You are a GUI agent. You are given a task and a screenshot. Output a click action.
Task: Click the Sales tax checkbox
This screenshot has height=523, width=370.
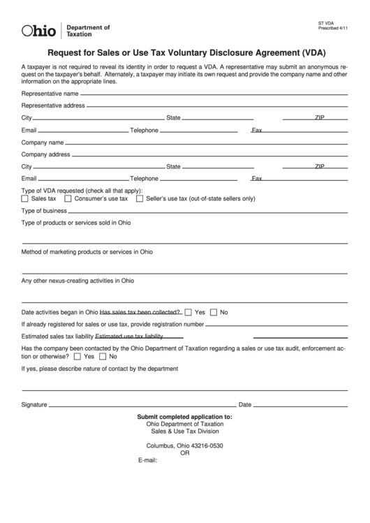point(25,198)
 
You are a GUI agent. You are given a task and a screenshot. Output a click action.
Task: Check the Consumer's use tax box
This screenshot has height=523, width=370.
point(69,198)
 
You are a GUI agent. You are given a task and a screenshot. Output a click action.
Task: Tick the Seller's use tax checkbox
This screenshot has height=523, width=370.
point(140,198)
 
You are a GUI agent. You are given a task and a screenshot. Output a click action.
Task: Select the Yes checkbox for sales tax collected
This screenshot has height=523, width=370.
point(189,311)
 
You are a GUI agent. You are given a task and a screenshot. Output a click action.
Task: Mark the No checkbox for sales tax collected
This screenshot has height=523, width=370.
point(214,311)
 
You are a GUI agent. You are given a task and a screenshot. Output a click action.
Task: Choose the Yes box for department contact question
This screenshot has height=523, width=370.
point(77,355)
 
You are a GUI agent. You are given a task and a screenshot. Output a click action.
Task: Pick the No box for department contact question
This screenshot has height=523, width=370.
point(103,355)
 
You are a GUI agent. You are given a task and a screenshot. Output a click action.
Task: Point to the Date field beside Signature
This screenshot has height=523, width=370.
point(300,405)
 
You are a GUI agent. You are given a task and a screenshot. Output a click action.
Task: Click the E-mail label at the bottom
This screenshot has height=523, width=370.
point(148,460)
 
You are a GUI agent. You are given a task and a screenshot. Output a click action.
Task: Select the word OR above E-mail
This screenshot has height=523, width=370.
point(185,452)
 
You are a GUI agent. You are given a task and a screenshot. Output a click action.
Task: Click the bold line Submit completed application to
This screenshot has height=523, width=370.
point(184,417)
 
